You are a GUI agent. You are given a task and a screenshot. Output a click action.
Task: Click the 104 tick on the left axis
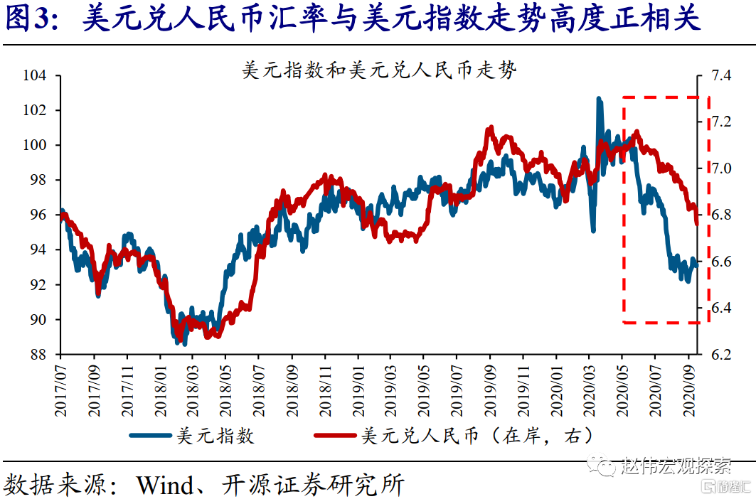click(x=35, y=75)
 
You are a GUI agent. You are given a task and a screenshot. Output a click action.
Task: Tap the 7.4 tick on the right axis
click(x=720, y=75)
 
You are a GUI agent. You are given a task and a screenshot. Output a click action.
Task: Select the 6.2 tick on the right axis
click(x=720, y=355)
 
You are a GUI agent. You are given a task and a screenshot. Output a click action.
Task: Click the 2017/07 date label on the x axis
click(x=60, y=387)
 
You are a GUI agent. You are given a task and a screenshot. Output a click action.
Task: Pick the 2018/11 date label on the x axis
click(x=324, y=387)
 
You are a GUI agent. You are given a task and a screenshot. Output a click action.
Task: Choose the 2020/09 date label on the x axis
click(x=688, y=387)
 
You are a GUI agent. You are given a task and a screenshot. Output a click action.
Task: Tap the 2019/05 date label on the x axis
click(x=423, y=387)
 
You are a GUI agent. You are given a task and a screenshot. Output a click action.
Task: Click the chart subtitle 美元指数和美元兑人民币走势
click(x=379, y=70)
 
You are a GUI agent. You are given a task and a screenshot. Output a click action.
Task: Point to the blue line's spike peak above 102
click(x=599, y=99)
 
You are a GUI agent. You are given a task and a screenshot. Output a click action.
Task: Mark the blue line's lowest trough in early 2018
click(x=184, y=343)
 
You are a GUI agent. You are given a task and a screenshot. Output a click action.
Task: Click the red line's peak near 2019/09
click(x=490, y=129)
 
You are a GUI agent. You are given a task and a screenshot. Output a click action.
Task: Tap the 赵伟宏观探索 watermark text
click(x=676, y=466)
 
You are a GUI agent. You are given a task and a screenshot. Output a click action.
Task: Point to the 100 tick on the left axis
click(x=35, y=145)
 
